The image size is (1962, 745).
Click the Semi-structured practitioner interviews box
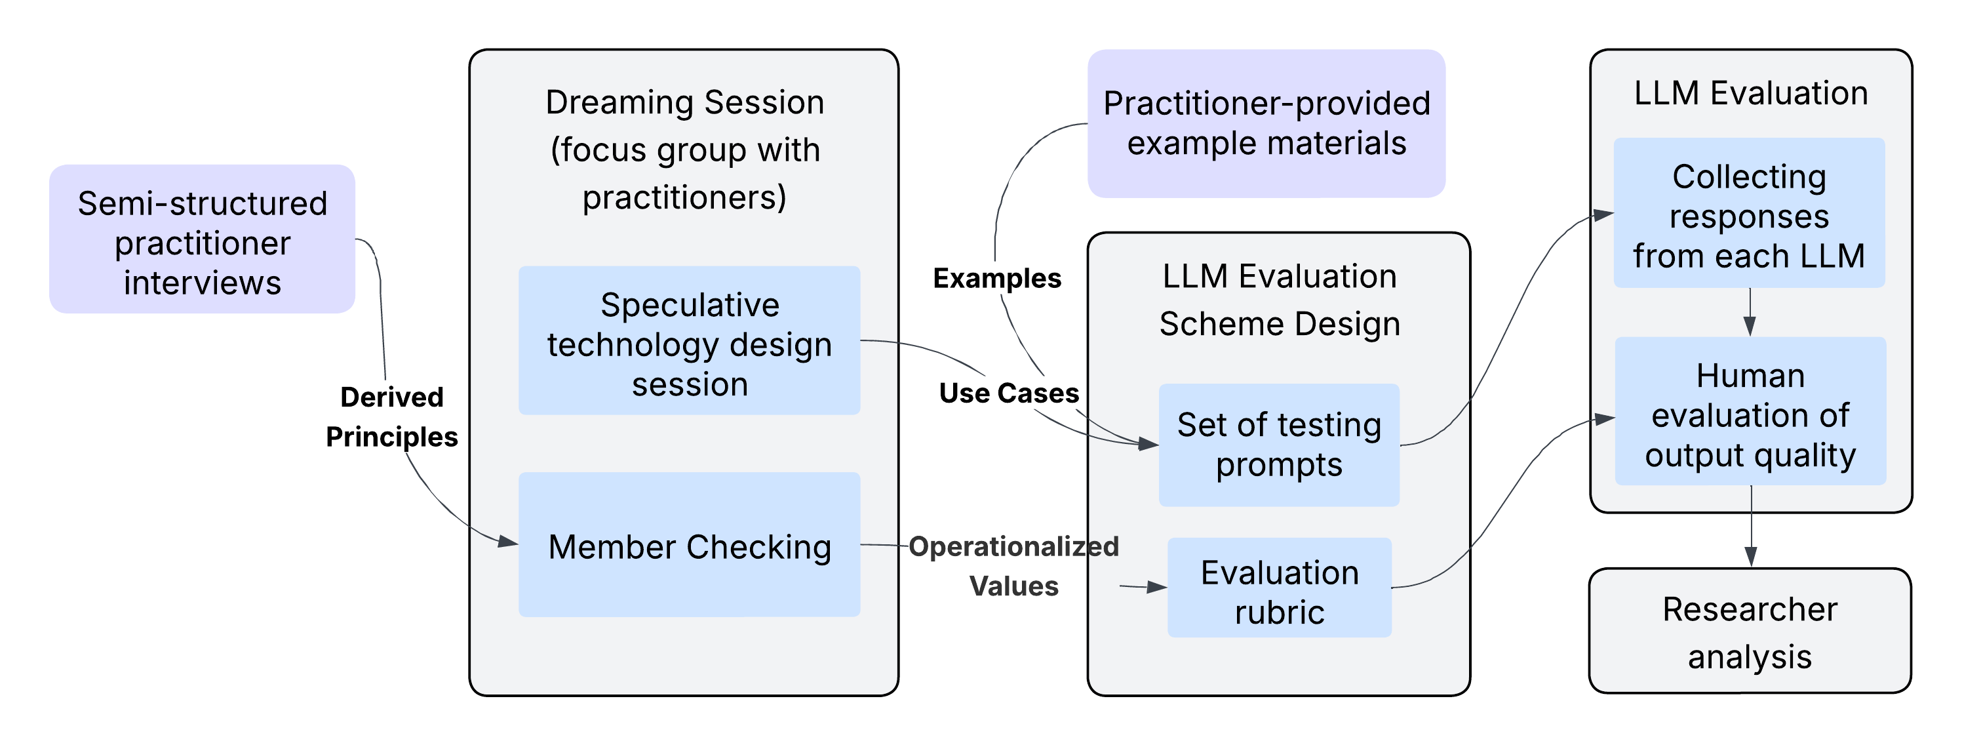[x=202, y=239]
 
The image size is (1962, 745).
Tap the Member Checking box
[x=690, y=545]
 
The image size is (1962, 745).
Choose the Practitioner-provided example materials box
[x=1266, y=123]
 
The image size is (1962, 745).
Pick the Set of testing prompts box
[x=1279, y=445]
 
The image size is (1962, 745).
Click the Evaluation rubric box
[x=1279, y=588]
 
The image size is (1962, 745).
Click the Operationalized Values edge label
[x=1013, y=566]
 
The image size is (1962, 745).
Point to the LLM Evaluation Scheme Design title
[x=1279, y=300]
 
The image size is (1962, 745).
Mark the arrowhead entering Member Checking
[x=509, y=542]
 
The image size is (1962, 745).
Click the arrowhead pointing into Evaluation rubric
[x=1158, y=588]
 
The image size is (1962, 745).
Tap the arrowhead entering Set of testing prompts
[x=1148, y=443]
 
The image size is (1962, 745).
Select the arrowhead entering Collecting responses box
[x=1605, y=215]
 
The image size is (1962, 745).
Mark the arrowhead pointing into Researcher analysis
[x=1751, y=558]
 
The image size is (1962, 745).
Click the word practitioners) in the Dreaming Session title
[x=684, y=198]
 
